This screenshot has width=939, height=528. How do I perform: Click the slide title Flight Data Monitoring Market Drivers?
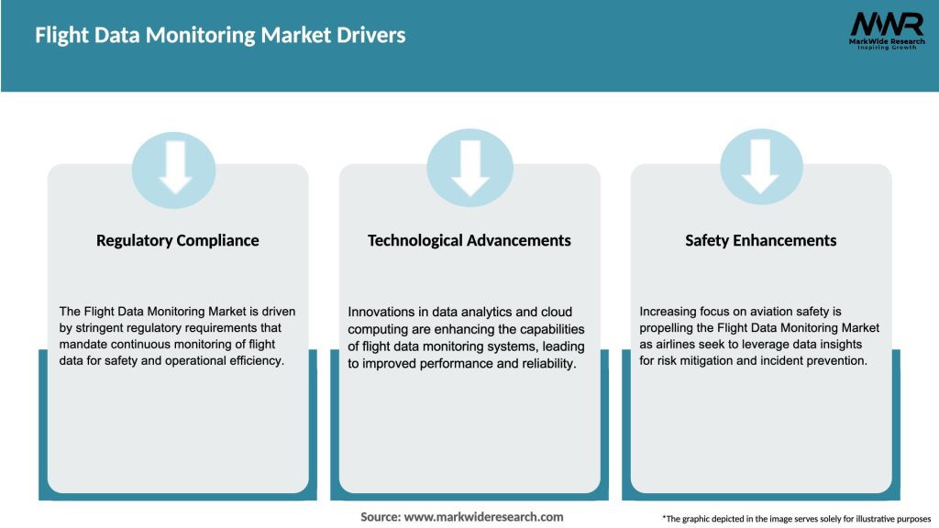pos(220,36)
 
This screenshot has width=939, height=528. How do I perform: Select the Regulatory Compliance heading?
pos(178,241)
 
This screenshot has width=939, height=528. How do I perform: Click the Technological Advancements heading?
pos(469,241)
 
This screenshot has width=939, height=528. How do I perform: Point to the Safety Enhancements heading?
pos(761,241)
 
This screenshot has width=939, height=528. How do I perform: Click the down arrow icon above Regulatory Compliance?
pos(175,167)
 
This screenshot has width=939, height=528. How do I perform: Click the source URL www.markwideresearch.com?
pos(484,517)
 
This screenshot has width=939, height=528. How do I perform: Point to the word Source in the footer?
pos(380,517)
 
